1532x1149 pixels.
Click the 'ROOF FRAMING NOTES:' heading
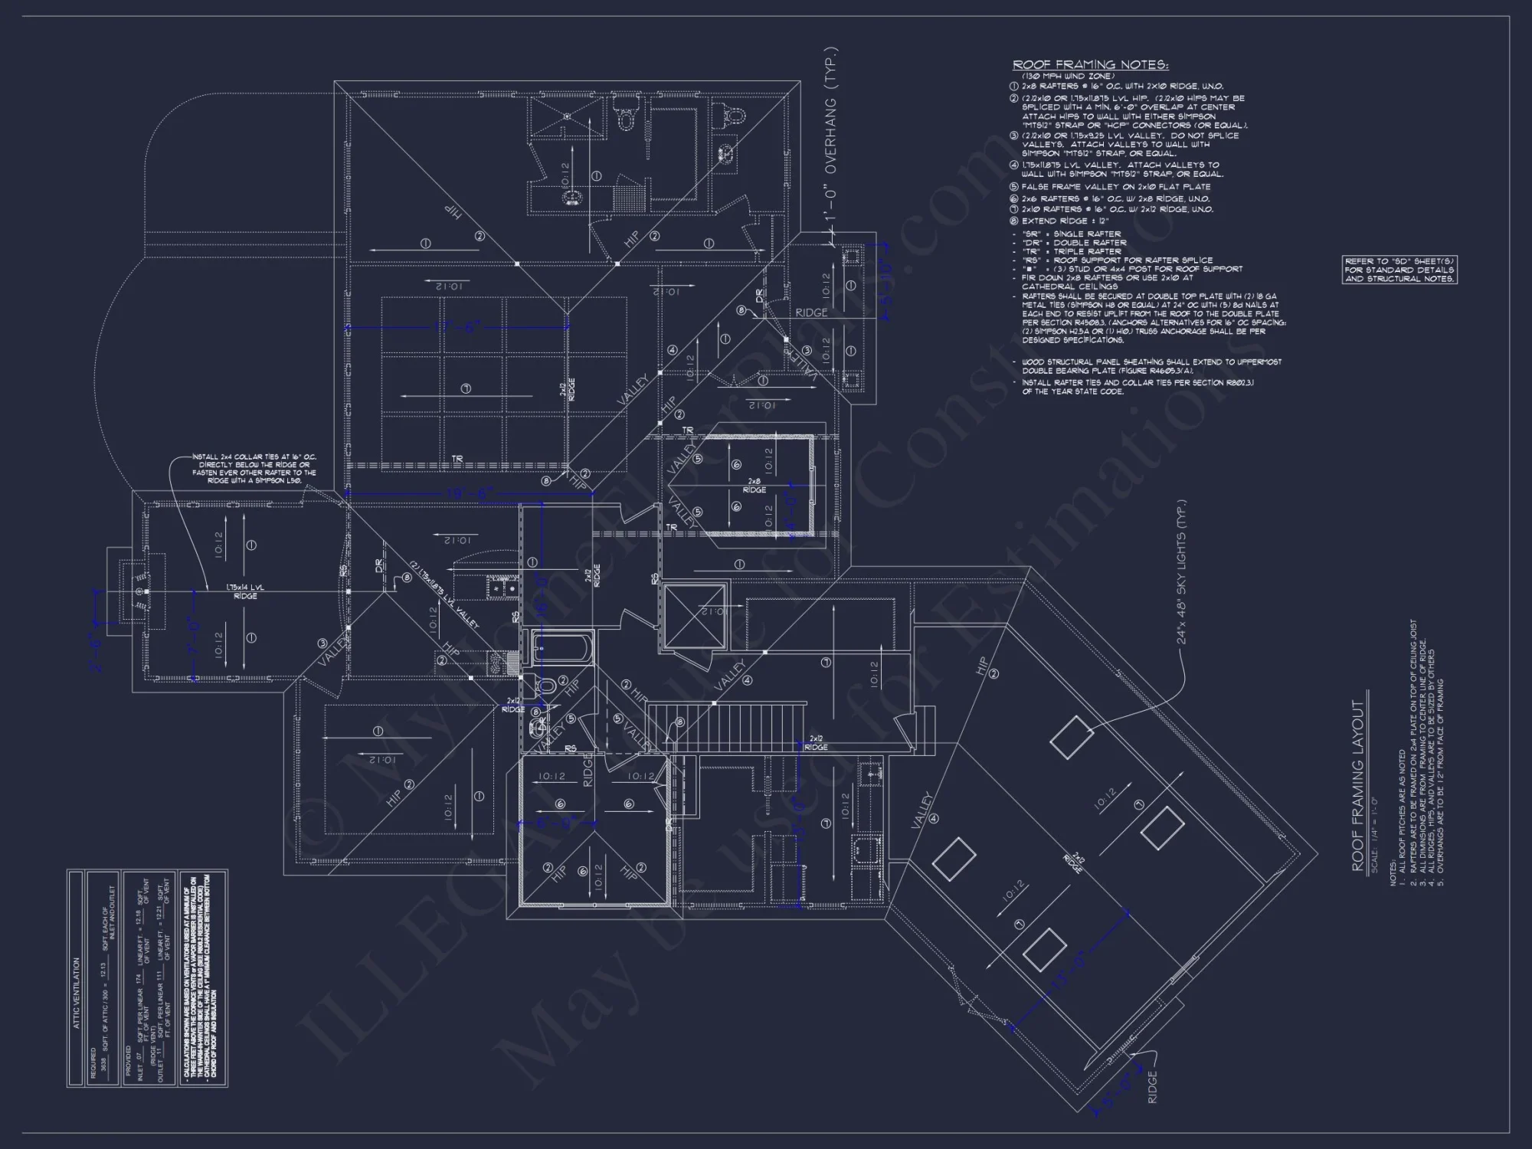(x=1090, y=65)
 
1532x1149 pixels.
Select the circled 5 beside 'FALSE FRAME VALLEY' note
(x=1014, y=187)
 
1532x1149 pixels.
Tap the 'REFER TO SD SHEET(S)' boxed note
(x=1399, y=270)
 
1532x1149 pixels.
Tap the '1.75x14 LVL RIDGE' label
(x=245, y=591)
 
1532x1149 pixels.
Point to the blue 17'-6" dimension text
(x=457, y=327)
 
